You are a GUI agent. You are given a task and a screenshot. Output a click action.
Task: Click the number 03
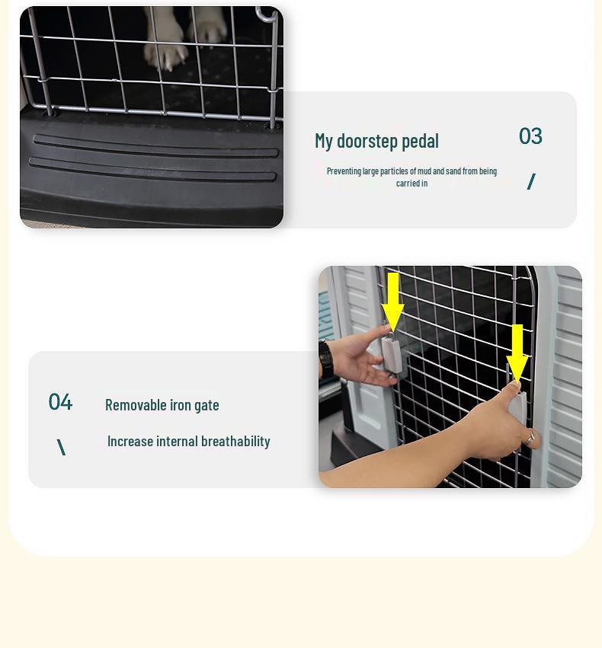[x=530, y=136]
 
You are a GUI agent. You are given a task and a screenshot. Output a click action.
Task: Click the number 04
[x=60, y=402]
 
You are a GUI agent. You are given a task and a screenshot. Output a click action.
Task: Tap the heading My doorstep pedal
[x=376, y=141]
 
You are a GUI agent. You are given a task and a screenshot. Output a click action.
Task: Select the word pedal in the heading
[x=420, y=141]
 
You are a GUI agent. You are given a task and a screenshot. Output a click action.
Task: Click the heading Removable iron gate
[x=162, y=404]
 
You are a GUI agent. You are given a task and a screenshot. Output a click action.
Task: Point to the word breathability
[x=235, y=441]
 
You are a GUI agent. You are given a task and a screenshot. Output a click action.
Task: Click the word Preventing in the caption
[x=344, y=171]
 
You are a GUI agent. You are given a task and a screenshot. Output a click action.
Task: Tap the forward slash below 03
[x=531, y=181]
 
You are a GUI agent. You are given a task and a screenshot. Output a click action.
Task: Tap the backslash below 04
[x=61, y=447]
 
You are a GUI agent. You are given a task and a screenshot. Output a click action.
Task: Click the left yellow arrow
[x=392, y=301]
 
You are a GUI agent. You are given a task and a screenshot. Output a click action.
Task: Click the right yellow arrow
[x=517, y=352]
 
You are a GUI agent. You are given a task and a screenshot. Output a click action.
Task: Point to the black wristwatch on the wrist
[x=327, y=359]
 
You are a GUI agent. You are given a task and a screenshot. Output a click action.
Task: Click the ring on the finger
[x=530, y=437]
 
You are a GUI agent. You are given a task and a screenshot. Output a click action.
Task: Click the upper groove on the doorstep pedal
[x=152, y=145]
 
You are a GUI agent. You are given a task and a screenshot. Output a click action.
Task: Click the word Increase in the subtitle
[x=130, y=441]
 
